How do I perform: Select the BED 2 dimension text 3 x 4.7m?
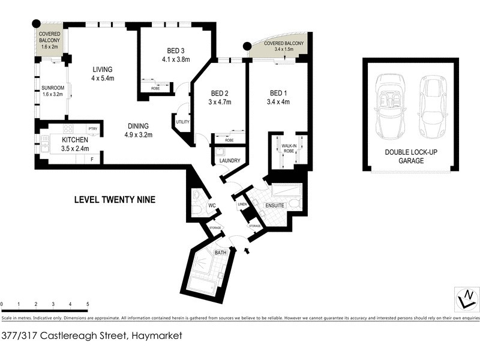tap(220, 102)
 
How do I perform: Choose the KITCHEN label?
tap(75, 140)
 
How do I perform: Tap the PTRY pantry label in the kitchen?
tap(92, 128)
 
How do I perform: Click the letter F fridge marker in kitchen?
tap(92, 159)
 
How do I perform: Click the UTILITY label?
tap(183, 122)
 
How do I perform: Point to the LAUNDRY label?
tap(230, 161)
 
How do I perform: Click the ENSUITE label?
tap(275, 206)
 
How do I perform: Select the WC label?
tap(212, 206)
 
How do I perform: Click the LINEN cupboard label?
tap(243, 204)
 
